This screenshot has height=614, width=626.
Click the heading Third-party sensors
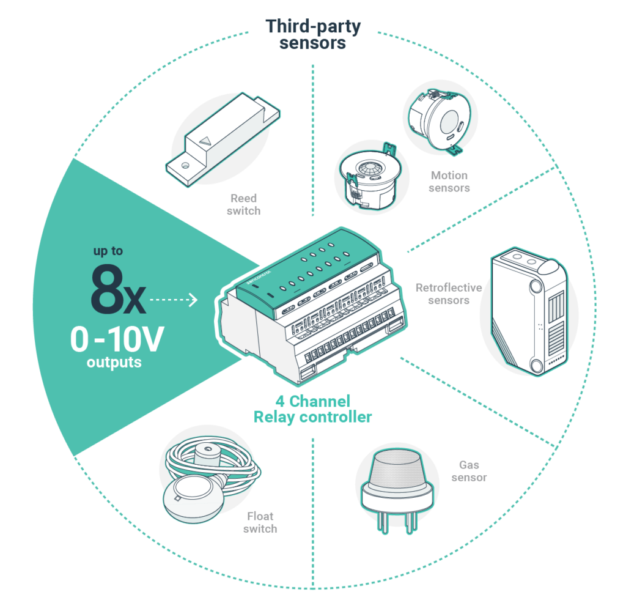click(x=313, y=35)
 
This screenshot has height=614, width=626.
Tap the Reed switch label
click(x=244, y=204)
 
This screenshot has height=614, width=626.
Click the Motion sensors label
click(x=449, y=182)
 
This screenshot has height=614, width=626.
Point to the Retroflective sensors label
click(x=449, y=294)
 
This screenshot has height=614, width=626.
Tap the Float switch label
click(x=260, y=523)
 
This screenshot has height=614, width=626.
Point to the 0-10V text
click(x=117, y=340)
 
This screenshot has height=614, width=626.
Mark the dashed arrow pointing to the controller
click(x=174, y=300)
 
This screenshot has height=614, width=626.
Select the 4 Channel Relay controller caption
click(x=313, y=409)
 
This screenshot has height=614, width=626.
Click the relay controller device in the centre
click(x=312, y=306)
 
